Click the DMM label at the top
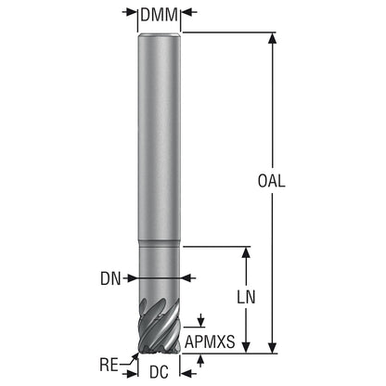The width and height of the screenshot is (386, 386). coord(159,15)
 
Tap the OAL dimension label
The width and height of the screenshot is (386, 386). coord(271,181)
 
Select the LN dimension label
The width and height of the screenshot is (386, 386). coord(246,298)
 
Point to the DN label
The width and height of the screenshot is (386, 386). coord(110,279)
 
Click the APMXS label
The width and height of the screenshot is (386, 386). coord(210,341)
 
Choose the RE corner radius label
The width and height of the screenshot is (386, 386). coord(109,365)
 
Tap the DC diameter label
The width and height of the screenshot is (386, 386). coord(159,372)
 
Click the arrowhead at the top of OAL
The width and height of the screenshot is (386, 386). coord(272,38)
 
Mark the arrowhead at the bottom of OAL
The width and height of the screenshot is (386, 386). coord(272,347)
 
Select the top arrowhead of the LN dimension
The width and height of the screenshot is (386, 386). coord(246,252)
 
